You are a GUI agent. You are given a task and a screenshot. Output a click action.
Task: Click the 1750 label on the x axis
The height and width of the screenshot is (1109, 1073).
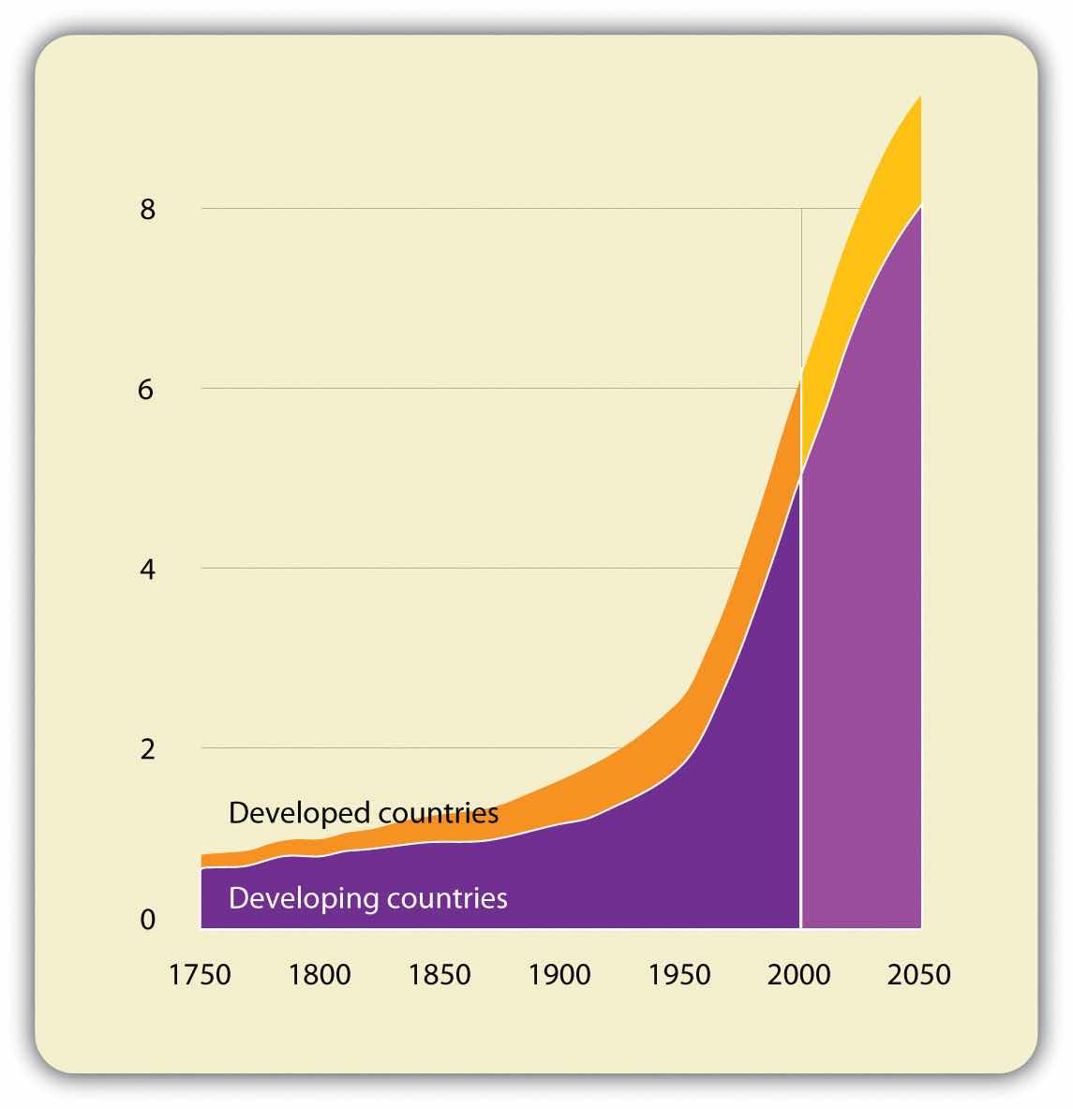pos(200,974)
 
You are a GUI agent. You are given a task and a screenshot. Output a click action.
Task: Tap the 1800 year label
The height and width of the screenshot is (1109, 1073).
pos(320,974)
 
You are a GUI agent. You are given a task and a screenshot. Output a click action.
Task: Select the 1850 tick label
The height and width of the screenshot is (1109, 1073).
pos(440,974)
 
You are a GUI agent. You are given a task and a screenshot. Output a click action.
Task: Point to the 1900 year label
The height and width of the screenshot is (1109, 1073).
pos(559,974)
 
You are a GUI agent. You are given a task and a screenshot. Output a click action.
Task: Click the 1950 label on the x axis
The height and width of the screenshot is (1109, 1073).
pos(679,974)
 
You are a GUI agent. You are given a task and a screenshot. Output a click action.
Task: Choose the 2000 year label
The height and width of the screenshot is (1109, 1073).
pos(799,974)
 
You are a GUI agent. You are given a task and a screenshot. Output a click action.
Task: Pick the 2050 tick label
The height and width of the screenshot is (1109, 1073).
pos(919,974)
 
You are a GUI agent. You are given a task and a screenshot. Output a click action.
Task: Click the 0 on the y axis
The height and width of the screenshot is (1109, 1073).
pos(147,920)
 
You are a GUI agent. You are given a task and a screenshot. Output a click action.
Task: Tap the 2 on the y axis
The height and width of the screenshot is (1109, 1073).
pos(147,749)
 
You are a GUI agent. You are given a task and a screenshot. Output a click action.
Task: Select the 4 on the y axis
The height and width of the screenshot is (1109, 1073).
pos(146,569)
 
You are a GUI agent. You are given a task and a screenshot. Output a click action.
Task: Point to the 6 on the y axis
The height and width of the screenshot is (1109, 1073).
pos(146,390)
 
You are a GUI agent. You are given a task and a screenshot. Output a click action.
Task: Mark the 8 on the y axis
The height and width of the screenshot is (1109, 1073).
pos(147,210)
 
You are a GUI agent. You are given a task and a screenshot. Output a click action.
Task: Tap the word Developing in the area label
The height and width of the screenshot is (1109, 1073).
pos(295,899)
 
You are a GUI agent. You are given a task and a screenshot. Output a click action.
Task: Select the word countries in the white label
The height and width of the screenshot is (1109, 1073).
pos(449,897)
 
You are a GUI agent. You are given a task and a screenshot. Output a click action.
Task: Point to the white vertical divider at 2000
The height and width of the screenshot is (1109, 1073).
pos(801,702)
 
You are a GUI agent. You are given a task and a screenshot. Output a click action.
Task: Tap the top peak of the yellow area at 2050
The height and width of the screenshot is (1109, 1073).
pos(919,97)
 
